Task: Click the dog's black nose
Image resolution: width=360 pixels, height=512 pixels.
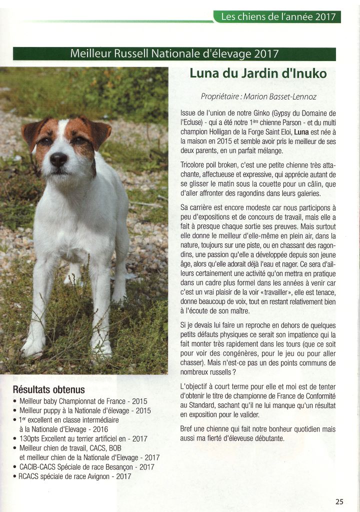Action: tap(58, 159)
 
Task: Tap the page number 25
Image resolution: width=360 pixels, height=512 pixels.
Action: tap(339, 501)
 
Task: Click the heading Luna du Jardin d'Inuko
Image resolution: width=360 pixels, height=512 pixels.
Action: tap(258, 73)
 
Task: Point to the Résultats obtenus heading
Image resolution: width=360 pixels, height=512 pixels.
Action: tap(48, 389)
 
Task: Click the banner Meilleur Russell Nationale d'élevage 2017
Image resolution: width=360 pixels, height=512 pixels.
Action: tap(174, 53)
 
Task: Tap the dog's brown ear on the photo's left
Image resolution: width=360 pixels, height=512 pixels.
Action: tap(31, 131)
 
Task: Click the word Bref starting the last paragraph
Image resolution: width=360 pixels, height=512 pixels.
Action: tap(186, 429)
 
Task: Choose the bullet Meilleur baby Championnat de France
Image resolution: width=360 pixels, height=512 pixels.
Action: tap(83, 401)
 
